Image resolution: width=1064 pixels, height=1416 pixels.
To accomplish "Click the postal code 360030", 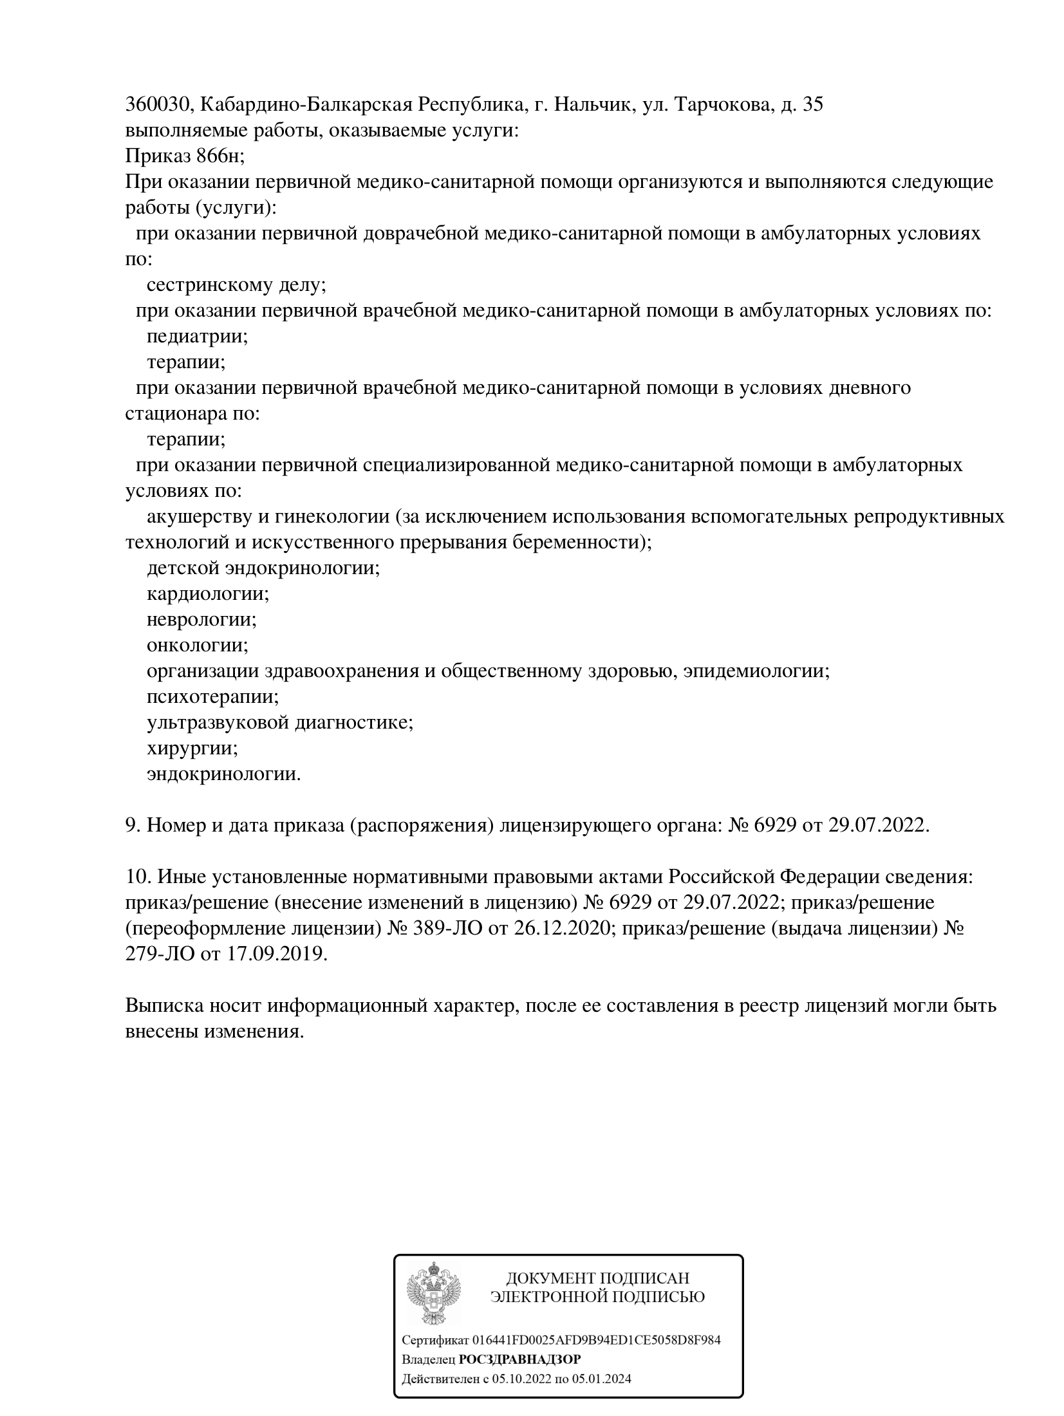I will [x=157, y=105].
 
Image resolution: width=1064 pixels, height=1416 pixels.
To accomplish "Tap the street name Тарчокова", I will [x=722, y=105].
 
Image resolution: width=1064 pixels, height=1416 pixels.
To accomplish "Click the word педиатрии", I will [x=197, y=337].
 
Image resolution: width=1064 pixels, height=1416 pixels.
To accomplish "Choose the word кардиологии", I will [x=207, y=593].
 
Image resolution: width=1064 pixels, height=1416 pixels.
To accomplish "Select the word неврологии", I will [x=201, y=619].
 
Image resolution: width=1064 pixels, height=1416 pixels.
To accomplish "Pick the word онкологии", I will [x=197, y=645].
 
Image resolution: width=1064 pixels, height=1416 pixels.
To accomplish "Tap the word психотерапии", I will [x=212, y=696].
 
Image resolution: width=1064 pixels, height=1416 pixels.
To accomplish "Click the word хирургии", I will [x=192, y=748].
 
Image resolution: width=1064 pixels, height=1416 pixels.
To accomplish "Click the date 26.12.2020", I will [x=560, y=929].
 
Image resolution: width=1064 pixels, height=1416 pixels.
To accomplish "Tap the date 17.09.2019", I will [x=277, y=955].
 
